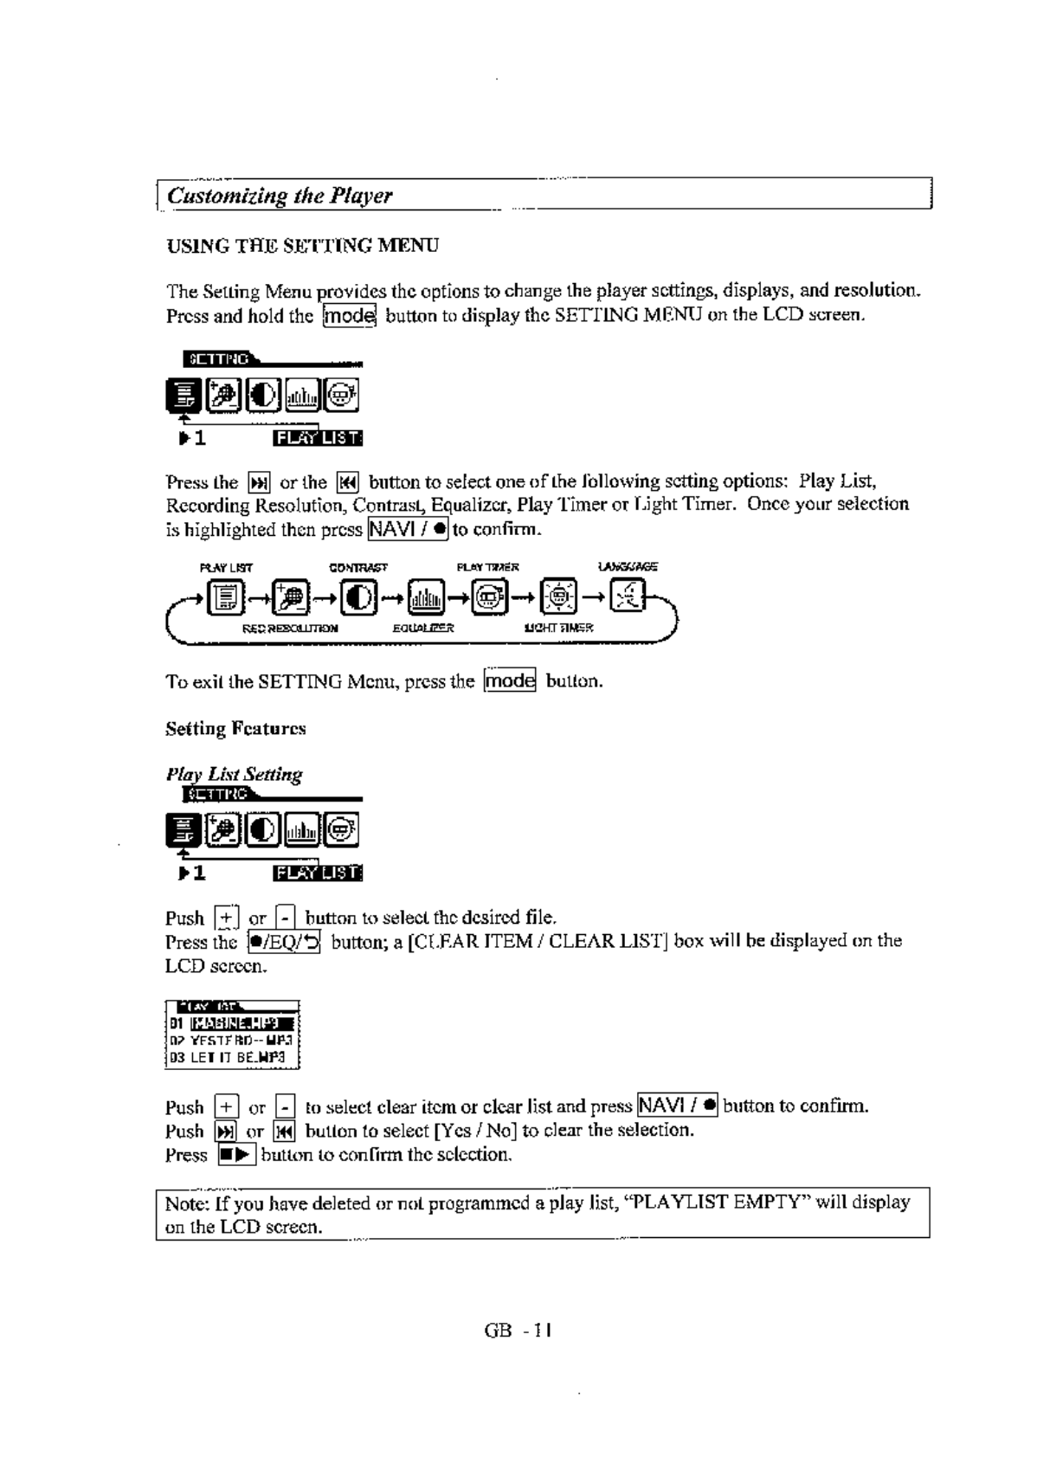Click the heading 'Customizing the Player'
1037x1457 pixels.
pyautogui.click(x=280, y=196)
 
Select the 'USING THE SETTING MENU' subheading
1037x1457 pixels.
pyautogui.click(x=302, y=246)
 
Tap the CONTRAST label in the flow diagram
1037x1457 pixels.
pyautogui.click(x=357, y=568)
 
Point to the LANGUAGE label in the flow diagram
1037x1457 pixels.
pyautogui.click(x=628, y=567)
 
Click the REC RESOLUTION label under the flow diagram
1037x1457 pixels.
pyautogui.click(x=290, y=629)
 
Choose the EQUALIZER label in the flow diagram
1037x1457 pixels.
pyautogui.click(x=423, y=629)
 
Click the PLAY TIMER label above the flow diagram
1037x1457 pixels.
pyautogui.click(x=488, y=568)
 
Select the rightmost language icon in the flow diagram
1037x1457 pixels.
pyautogui.click(x=628, y=597)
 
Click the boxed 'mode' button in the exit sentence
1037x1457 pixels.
pyautogui.click(x=510, y=681)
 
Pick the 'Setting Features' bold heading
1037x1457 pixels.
pyautogui.click(x=235, y=729)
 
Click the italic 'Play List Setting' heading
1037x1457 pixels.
pyautogui.click(x=234, y=775)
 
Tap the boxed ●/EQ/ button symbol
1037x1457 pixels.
pyautogui.click(x=284, y=942)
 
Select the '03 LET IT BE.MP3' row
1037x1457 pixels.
pyautogui.click(x=232, y=1057)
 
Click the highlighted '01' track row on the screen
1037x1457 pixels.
pyautogui.click(x=232, y=1026)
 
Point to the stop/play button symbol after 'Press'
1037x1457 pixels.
pyautogui.click(x=236, y=1155)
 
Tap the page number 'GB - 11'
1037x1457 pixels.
pyautogui.click(x=518, y=1331)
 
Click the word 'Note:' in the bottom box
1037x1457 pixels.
pyautogui.click(x=187, y=1203)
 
